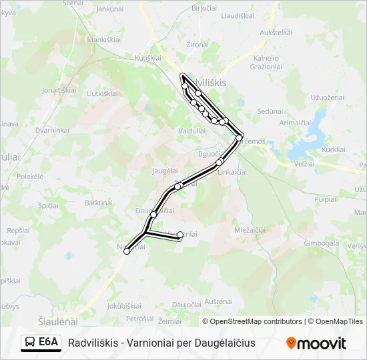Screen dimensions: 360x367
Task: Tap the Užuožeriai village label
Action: pyautogui.click(x=328, y=97)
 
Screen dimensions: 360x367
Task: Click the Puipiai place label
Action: pyautogui.click(x=326, y=199)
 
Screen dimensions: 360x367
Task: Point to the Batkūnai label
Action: pyautogui.click(x=97, y=201)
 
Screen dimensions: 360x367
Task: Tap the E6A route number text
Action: pyautogui.click(x=49, y=343)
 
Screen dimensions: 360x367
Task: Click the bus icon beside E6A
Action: pyautogui.click(x=30, y=343)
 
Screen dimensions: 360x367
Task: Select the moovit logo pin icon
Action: pyautogui.click(x=291, y=343)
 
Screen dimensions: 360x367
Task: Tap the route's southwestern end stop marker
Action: pyautogui.click(x=127, y=251)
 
